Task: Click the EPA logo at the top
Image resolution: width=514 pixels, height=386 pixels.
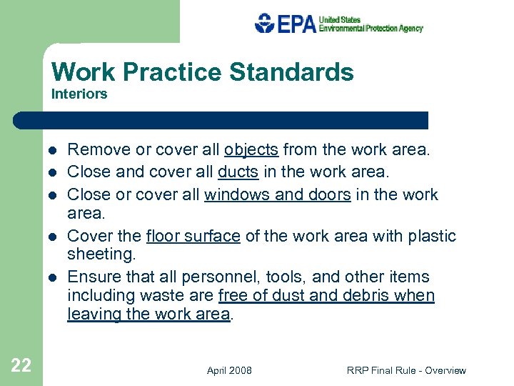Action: pos(338,24)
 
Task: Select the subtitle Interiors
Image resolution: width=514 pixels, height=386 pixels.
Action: pos(79,94)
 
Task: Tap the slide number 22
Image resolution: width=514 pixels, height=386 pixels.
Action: pos(21,366)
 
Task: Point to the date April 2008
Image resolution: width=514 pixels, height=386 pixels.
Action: pos(229,370)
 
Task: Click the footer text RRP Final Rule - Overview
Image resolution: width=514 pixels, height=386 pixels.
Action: pos(406,370)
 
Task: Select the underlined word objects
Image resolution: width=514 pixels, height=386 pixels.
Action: pos(251,150)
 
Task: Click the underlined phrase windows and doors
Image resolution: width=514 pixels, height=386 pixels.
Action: pos(277,194)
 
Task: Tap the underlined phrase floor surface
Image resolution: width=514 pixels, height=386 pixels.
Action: pos(193,237)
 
